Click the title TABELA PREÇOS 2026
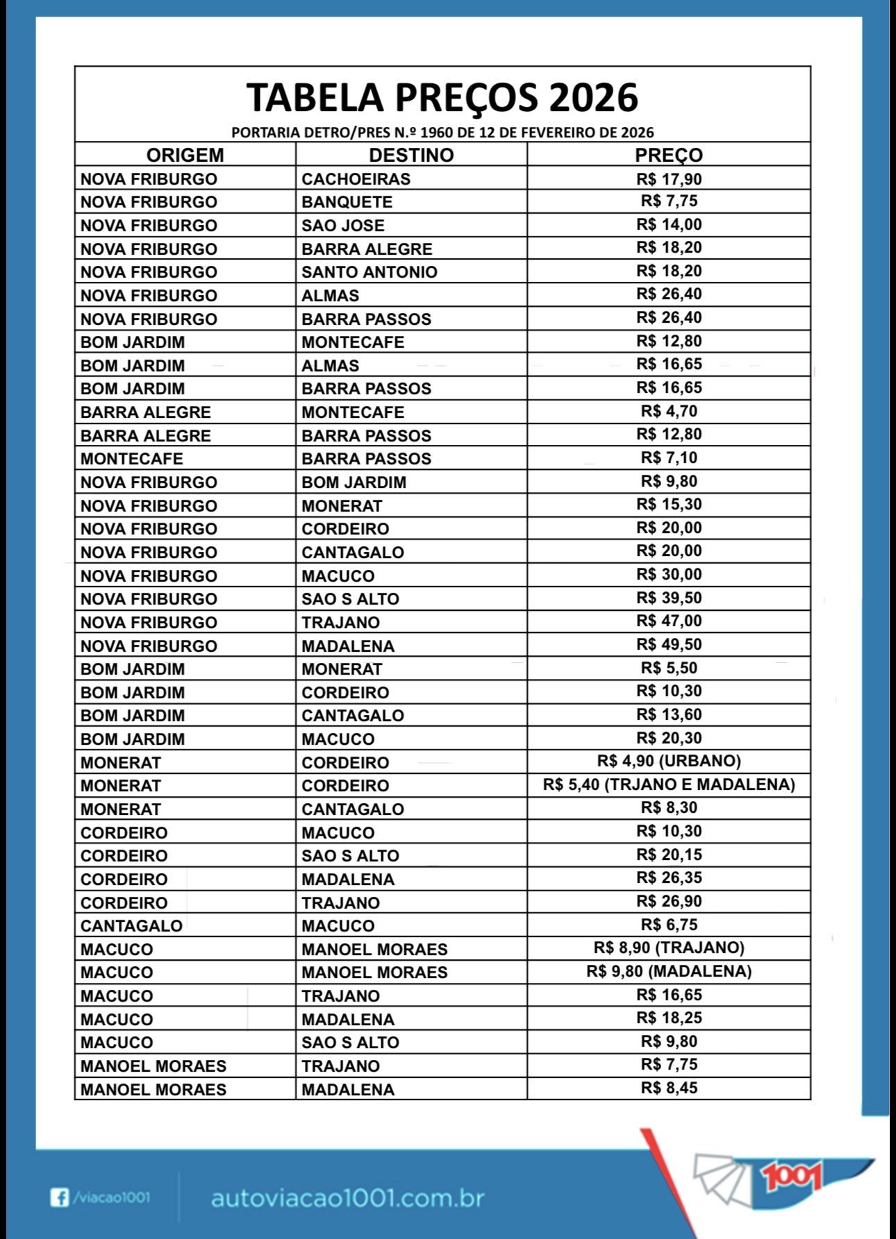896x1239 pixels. pos(442,97)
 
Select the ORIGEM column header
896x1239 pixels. pos(185,155)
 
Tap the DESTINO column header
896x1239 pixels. pos(411,155)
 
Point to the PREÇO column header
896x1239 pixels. pos(669,155)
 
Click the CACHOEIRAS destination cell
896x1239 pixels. pos(356,179)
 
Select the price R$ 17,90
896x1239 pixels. pos(669,179)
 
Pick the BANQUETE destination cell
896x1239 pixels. pos(347,202)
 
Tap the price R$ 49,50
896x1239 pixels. pos(669,644)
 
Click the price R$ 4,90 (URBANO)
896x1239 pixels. pos(669,761)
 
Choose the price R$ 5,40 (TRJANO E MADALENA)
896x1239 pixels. pos(669,784)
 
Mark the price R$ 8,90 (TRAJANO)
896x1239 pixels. pos(669,947)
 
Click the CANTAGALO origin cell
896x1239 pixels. pos(131,926)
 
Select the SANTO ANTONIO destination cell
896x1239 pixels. pos(369,272)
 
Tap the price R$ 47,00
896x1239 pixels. pos(669,621)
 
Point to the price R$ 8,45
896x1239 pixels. pos(669,1088)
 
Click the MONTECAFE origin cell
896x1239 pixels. pos(131,459)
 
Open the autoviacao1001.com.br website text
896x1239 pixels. pos(347,1198)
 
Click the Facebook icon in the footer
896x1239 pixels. pos(60,1197)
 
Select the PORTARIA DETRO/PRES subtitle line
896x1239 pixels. pos(442,132)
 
